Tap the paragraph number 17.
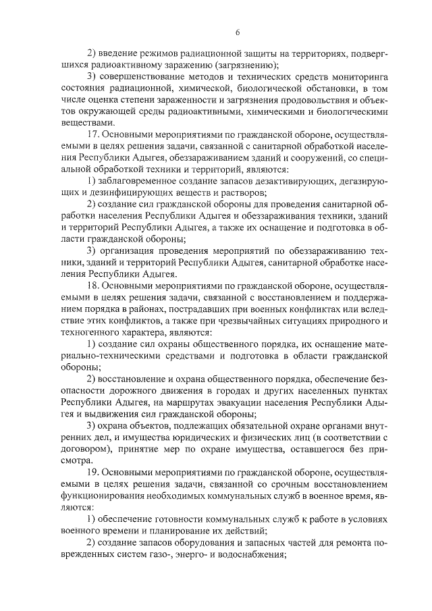click(x=94, y=134)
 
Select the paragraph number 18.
click(x=94, y=286)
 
